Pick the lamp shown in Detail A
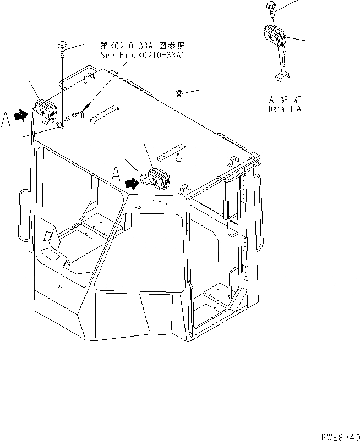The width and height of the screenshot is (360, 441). tap(274, 37)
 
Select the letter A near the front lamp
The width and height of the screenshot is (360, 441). tap(116, 175)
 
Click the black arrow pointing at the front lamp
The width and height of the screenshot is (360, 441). tap(132, 182)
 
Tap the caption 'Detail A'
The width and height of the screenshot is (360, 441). tap(285, 108)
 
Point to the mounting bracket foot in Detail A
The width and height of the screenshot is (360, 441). tap(282, 75)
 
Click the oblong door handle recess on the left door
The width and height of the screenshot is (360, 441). tap(51, 254)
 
